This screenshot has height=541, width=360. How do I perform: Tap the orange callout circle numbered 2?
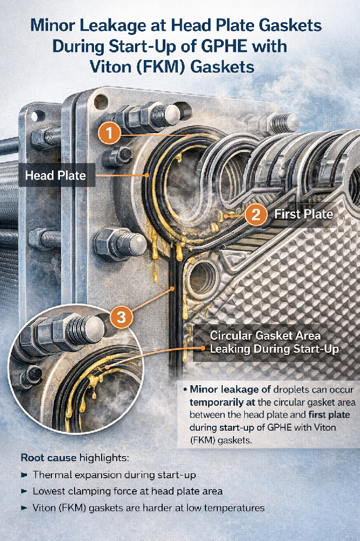point(256,214)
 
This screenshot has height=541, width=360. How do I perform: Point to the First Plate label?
point(303,214)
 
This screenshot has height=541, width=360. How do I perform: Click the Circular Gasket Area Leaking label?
point(274,342)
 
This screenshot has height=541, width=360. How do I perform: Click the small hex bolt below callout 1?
point(117,157)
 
